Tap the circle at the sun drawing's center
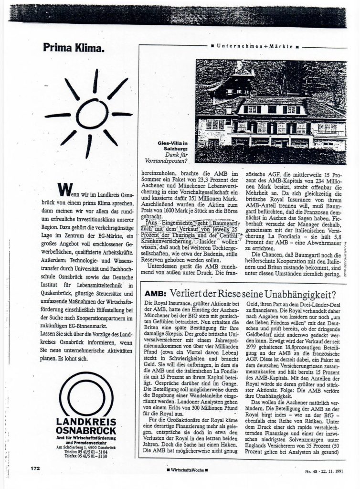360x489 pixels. tap(92, 114)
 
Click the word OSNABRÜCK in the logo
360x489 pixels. tap(86, 431)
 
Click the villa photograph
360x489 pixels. tap(270, 112)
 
